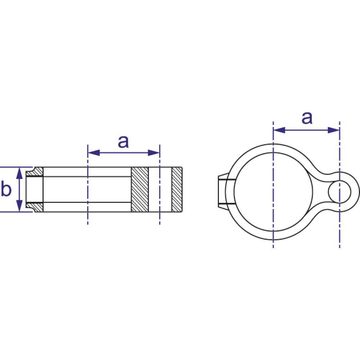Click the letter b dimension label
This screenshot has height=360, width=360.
pyautogui.click(x=6, y=188)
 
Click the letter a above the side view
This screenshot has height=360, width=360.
pyautogui.click(x=123, y=141)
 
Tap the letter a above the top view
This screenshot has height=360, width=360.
pyautogui.click(x=307, y=118)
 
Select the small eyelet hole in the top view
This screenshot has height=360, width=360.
pyautogui.click(x=339, y=192)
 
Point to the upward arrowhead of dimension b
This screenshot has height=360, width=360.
pyautogui.click(x=19, y=173)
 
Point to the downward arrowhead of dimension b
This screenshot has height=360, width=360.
pyautogui.click(x=19, y=206)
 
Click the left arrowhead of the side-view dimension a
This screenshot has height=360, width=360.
pyautogui.click(x=94, y=153)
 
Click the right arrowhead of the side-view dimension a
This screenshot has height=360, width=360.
pyautogui.click(x=154, y=153)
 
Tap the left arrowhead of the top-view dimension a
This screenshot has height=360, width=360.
pyautogui.click(x=279, y=130)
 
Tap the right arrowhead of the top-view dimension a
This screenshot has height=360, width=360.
pyautogui.click(x=334, y=130)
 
